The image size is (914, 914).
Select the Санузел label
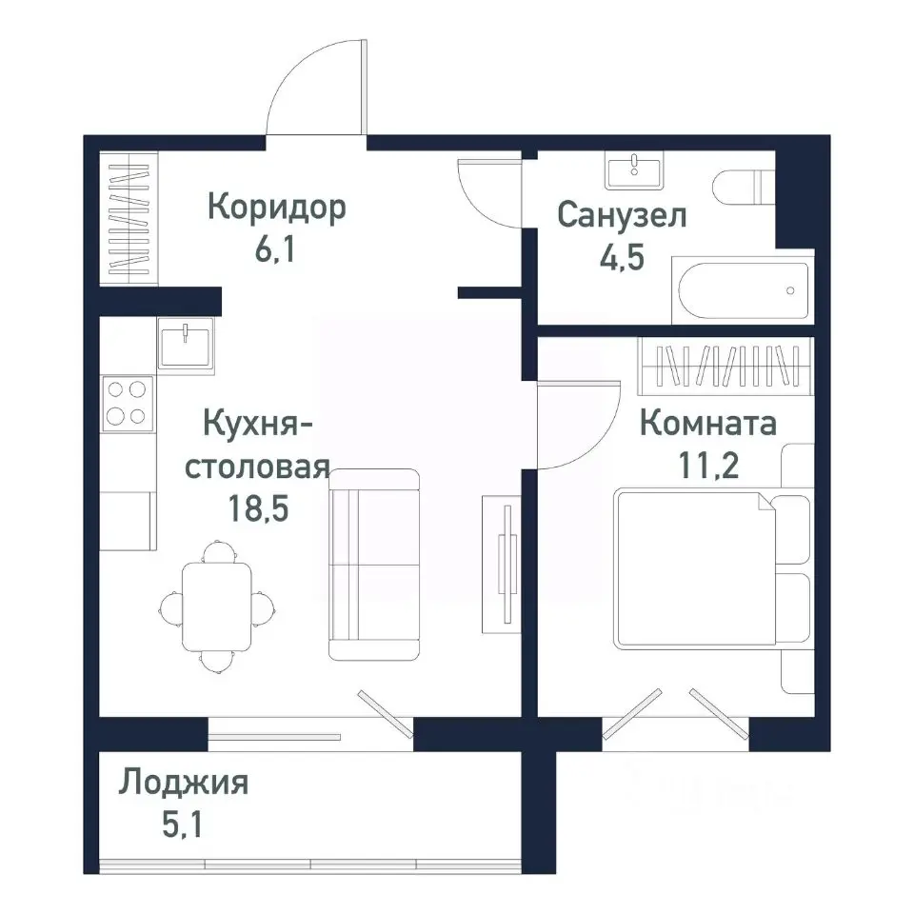pyautogui.click(x=622, y=215)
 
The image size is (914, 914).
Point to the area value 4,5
pyautogui.click(x=622, y=260)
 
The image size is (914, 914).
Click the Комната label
pyautogui.click(x=707, y=423)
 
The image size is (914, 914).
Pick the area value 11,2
pyautogui.click(x=707, y=467)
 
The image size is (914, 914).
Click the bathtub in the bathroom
pyautogui.click(x=743, y=290)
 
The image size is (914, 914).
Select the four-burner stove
pyautogui.click(x=128, y=403)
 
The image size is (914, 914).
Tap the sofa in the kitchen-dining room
pyautogui.click(x=374, y=564)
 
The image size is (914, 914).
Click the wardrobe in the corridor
pyautogui.click(x=129, y=220)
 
